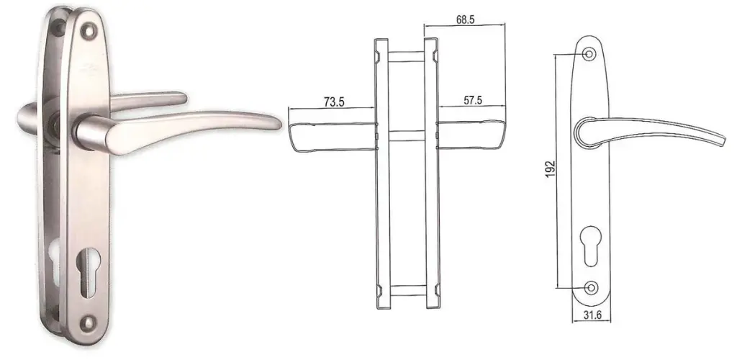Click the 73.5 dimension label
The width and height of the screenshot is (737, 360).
334,102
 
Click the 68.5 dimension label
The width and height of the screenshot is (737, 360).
465,19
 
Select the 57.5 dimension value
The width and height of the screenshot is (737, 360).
472,101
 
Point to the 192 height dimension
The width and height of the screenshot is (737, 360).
551,168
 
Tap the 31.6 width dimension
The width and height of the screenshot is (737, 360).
592,315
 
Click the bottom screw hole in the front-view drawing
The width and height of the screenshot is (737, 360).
592,287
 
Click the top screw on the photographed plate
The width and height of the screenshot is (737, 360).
89,31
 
